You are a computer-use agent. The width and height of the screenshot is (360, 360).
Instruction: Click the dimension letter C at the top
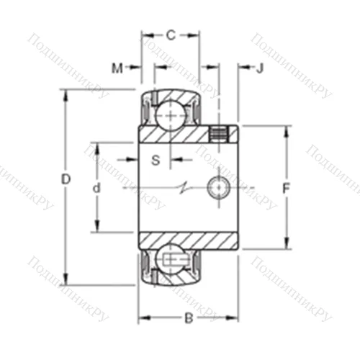pyautogui.click(x=171, y=34)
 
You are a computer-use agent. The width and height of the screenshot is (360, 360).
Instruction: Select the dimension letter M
pyautogui.click(x=117, y=68)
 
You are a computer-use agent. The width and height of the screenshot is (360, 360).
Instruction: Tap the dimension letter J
pyautogui.click(x=260, y=68)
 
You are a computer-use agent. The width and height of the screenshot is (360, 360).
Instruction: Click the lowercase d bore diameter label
pyautogui.click(x=96, y=187)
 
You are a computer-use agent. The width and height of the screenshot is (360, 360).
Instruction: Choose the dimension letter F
pyautogui.click(x=286, y=188)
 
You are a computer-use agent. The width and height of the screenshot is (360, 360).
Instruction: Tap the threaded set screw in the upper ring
pyautogui.click(x=219, y=133)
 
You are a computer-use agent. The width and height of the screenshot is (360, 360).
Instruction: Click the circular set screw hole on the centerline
pyautogui.click(x=218, y=187)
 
